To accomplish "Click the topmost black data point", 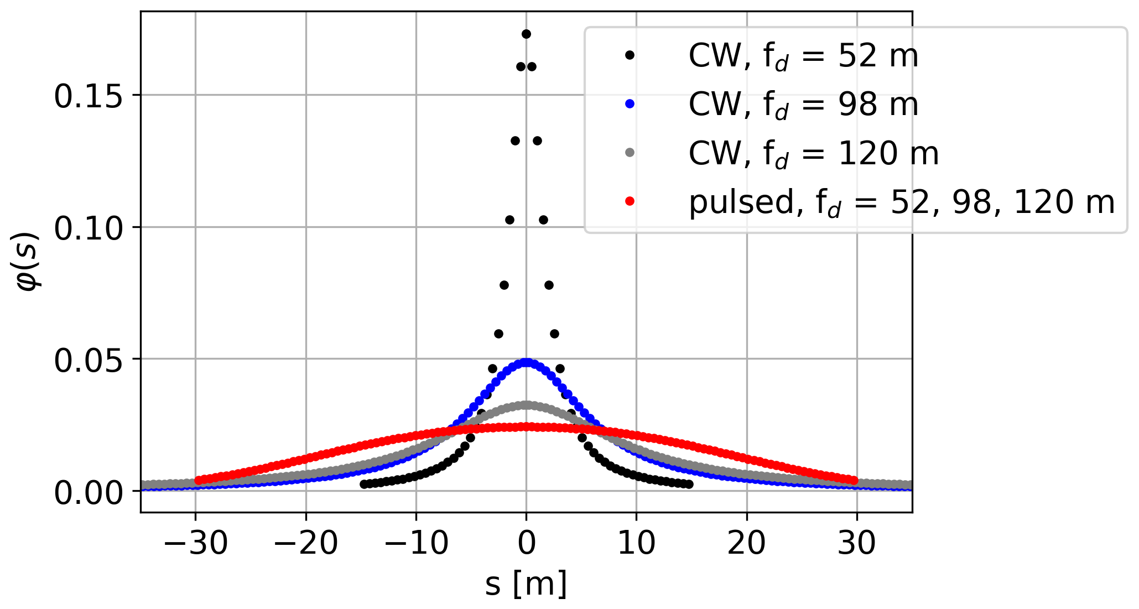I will click(526, 34).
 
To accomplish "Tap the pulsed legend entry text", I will click(901, 202).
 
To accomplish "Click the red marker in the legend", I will click(630, 201).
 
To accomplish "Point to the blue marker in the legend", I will click(630, 103).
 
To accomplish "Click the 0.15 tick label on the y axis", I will click(88, 96).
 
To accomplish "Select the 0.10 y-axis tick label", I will click(88, 228).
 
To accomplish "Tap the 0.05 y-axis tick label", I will click(88, 360).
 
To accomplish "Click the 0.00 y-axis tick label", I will click(88, 492).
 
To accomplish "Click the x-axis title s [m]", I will click(526, 585).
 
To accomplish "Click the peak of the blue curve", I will click(526, 362).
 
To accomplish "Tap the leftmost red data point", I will click(199, 480).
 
